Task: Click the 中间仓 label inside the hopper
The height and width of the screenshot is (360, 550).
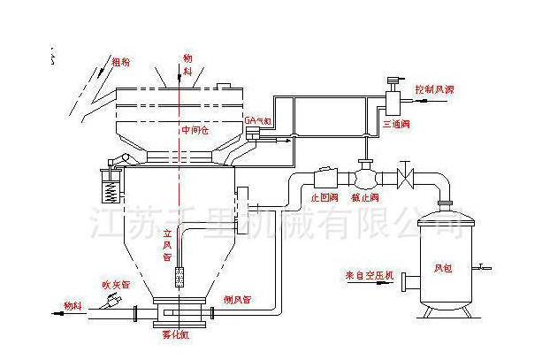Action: click(x=194, y=130)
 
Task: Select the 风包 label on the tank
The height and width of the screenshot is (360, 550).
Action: click(x=441, y=267)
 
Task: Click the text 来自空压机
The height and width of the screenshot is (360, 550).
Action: click(x=365, y=274)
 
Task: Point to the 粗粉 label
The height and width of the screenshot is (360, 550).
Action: click(x=121, y=63)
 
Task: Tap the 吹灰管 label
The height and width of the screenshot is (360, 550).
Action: click(x=114, y=285)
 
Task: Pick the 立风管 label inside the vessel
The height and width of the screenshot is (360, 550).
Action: click(x=166, y=245)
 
